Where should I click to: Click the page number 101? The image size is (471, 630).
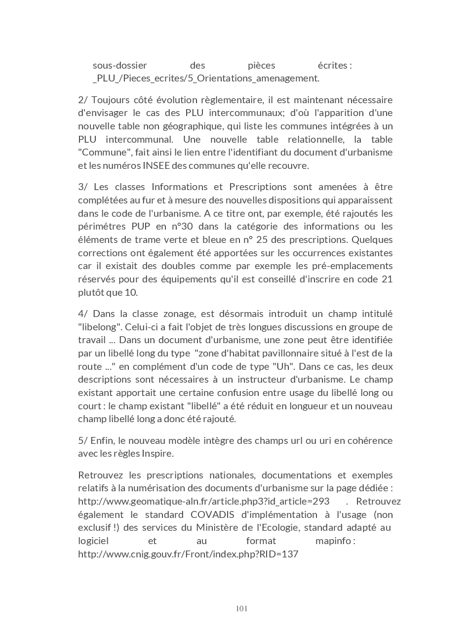pos(241,608)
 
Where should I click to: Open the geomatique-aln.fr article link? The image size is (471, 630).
pos(203,501)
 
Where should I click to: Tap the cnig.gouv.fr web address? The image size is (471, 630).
pos(188,554)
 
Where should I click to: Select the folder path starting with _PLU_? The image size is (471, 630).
pos(206,78)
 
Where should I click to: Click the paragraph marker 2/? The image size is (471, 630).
pos(82,100)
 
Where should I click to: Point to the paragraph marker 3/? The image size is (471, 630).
pos(82,187)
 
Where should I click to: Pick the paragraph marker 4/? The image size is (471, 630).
pos(82,314)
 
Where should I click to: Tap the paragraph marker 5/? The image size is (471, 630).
pos(82,440)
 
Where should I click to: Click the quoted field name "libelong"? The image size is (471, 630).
pos(100,327)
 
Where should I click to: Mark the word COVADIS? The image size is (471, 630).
pos(213,514)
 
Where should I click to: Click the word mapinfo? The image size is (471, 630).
pos(335,541)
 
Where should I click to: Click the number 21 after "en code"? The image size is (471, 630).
pos(387,279)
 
